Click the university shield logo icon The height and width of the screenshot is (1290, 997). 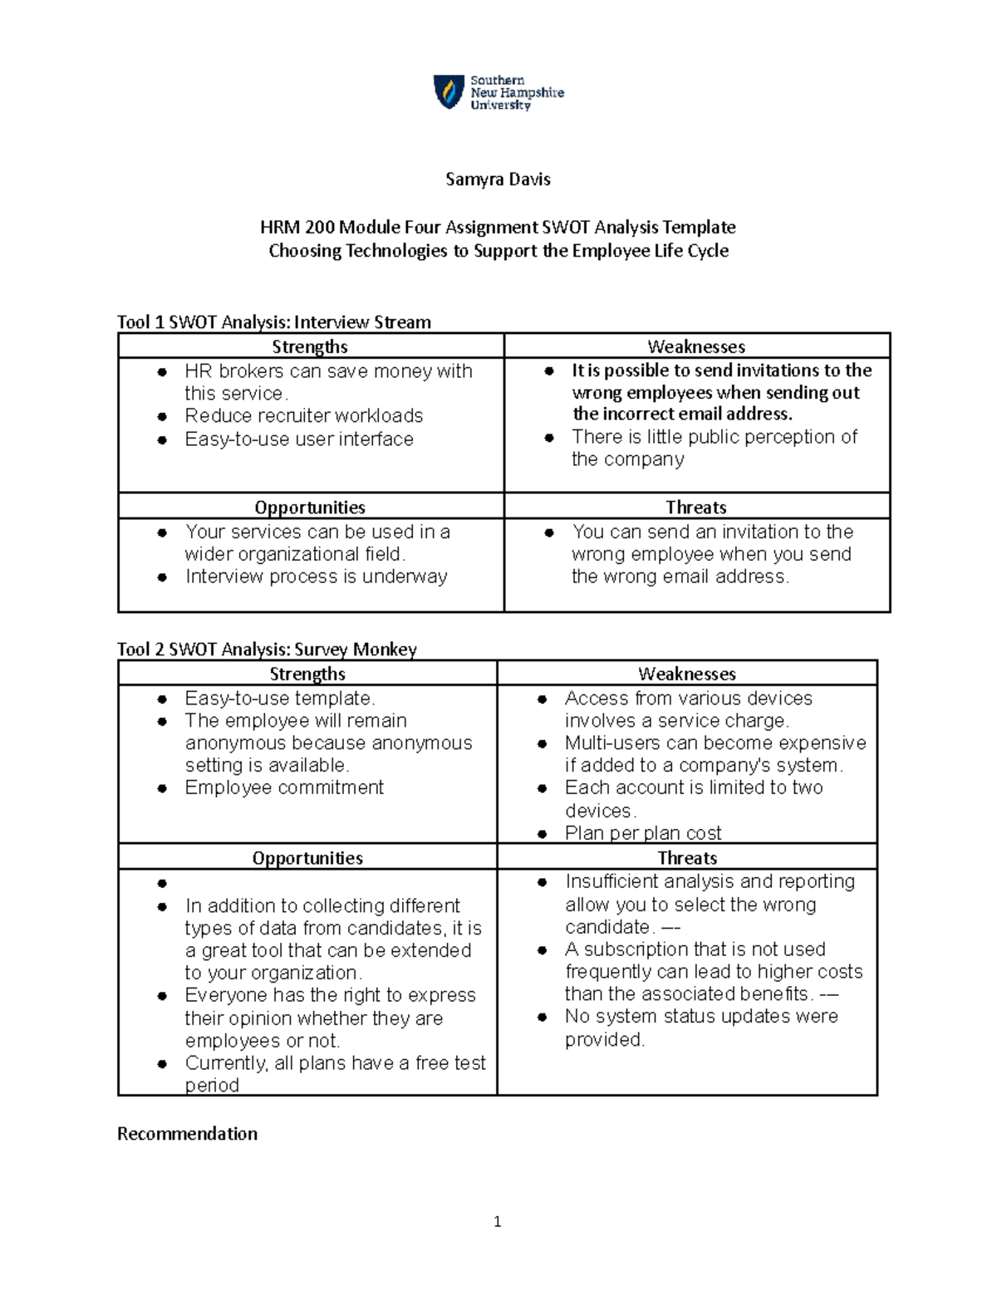pos(449,91)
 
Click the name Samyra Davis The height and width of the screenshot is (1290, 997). pos(498,179)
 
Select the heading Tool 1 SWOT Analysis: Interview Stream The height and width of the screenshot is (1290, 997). pos(274,322)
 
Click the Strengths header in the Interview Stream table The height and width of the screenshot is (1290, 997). pos(310,346)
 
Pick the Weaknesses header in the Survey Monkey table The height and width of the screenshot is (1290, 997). pos(687,674)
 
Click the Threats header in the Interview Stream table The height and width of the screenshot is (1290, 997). pos(696,507)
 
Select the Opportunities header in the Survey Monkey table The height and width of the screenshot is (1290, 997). pos(307,858)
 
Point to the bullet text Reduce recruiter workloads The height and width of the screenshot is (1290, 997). pos(303,415)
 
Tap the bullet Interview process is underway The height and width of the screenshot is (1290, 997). pos(316,576)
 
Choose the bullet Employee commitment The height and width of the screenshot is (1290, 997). pos(284,787)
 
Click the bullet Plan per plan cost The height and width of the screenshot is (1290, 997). pos(642,833)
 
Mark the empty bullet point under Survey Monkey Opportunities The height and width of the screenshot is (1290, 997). pos(163,883)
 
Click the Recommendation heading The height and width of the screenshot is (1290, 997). pos(187,1134)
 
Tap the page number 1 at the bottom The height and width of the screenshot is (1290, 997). pos(497,1221)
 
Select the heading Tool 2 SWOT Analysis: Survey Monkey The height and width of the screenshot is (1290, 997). pos(267,650)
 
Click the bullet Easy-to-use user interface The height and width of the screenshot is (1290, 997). pos(298,439)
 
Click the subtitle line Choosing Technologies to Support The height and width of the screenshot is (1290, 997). pos(498,251)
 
